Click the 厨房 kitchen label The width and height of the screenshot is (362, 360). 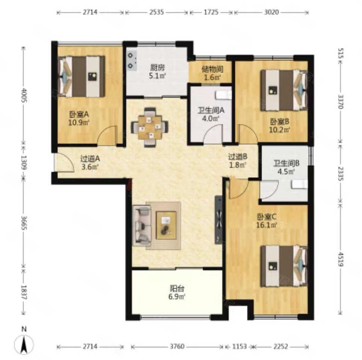pos(158,68)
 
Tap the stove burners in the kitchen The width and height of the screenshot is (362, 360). pos(131,61)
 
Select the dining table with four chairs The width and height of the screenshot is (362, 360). pos(150,127)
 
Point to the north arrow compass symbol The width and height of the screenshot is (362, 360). pos(24,342)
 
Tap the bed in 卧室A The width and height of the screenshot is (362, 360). pos(81,76)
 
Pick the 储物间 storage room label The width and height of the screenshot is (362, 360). pos(212,69)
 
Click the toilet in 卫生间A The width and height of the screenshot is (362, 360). pos(223,95)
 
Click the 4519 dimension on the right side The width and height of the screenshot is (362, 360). pos(341,259)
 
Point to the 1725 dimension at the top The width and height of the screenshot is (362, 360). pos(211,12)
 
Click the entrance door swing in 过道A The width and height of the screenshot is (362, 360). pos(64,163)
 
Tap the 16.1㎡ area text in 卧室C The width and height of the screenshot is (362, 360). pos(267,225)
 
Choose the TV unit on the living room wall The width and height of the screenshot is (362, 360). pos(219,220)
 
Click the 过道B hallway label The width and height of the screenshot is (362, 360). pos(238,157)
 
